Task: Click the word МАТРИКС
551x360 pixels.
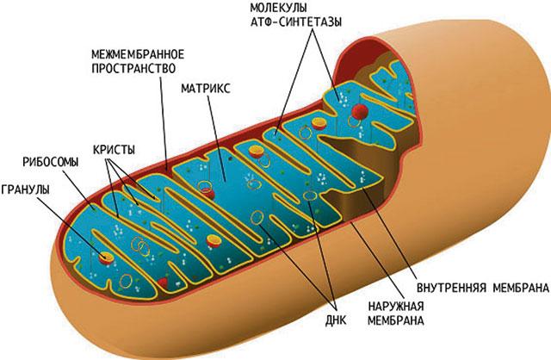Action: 206,88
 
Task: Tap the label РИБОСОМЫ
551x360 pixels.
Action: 51,162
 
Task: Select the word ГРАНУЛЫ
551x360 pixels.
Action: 25,189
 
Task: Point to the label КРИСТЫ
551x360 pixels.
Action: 114,150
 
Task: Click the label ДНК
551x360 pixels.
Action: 336,320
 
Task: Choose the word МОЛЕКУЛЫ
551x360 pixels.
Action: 278,8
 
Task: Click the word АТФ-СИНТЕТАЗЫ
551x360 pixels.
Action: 296,22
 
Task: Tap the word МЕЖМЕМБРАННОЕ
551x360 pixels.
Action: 138,54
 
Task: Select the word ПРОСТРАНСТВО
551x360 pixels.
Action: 133,68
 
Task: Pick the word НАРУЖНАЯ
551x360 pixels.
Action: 396,307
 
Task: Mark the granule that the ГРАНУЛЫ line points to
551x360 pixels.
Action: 106,258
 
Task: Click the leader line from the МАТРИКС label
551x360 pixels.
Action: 216,137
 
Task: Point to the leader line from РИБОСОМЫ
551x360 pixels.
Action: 79,189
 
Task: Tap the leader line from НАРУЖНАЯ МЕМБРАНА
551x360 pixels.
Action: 377,260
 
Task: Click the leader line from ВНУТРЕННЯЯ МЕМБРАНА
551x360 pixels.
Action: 390,233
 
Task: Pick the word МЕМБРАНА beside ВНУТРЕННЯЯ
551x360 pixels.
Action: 521,288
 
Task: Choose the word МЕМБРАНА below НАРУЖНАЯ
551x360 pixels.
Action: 396,320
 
